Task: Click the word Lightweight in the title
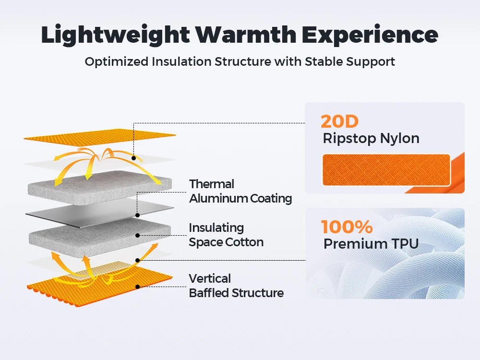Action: point(115,35)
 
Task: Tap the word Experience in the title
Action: point(370,35)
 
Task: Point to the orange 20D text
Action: point(339,121)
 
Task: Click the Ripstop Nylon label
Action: point(371,138)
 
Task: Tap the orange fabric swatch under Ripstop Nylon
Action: point(386,170)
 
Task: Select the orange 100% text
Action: point(347,227)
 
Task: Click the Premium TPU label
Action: point(371,244)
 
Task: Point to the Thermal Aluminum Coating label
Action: point(240,192)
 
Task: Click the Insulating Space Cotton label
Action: point(226,235)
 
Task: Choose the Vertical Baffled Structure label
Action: point(236,286)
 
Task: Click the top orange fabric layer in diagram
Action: point(100,136)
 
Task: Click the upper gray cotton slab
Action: point(100,187)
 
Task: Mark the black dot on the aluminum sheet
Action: point(137,215)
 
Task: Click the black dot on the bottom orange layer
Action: point(137,287)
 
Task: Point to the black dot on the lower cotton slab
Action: point(137,235)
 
